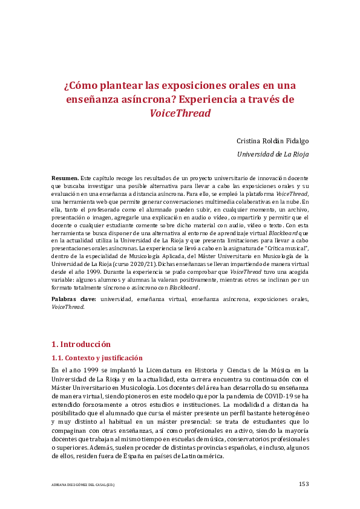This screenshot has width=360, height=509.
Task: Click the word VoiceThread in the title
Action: point(180,113)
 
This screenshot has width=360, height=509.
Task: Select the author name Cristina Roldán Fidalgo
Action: point(272,140)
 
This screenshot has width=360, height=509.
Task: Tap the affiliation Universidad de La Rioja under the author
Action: point(272,154)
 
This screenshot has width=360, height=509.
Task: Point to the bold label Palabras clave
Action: point(74,299)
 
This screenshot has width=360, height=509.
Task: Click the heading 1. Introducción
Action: point(81,344)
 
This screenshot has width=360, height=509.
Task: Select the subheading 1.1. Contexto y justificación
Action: point(97,358)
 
